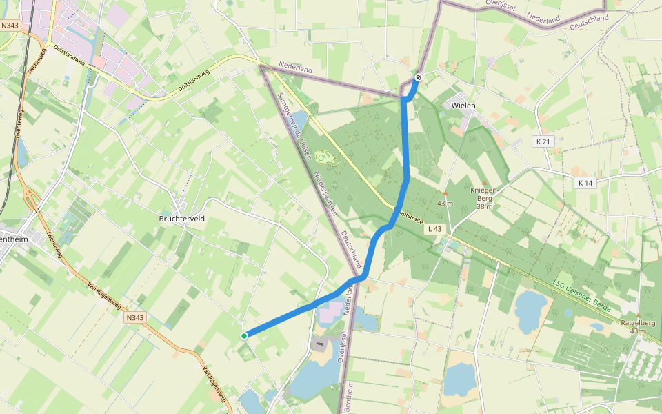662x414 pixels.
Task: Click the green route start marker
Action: (244, 336)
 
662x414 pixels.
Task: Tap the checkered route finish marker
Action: (419, 77)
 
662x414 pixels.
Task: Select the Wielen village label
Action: (463, 106)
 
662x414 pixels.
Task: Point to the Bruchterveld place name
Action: (182, 219)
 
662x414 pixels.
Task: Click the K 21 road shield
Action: (544, 141)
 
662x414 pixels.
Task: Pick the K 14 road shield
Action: (585, 183)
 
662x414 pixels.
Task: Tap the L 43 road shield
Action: (434, 228)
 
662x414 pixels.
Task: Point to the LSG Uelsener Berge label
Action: (583, 295)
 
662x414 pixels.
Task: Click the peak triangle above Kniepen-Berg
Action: (484, 181)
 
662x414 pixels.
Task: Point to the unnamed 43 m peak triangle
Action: (445, 193)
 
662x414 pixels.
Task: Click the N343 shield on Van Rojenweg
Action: (135, 318)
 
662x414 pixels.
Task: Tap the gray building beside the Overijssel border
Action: (319, 343)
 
